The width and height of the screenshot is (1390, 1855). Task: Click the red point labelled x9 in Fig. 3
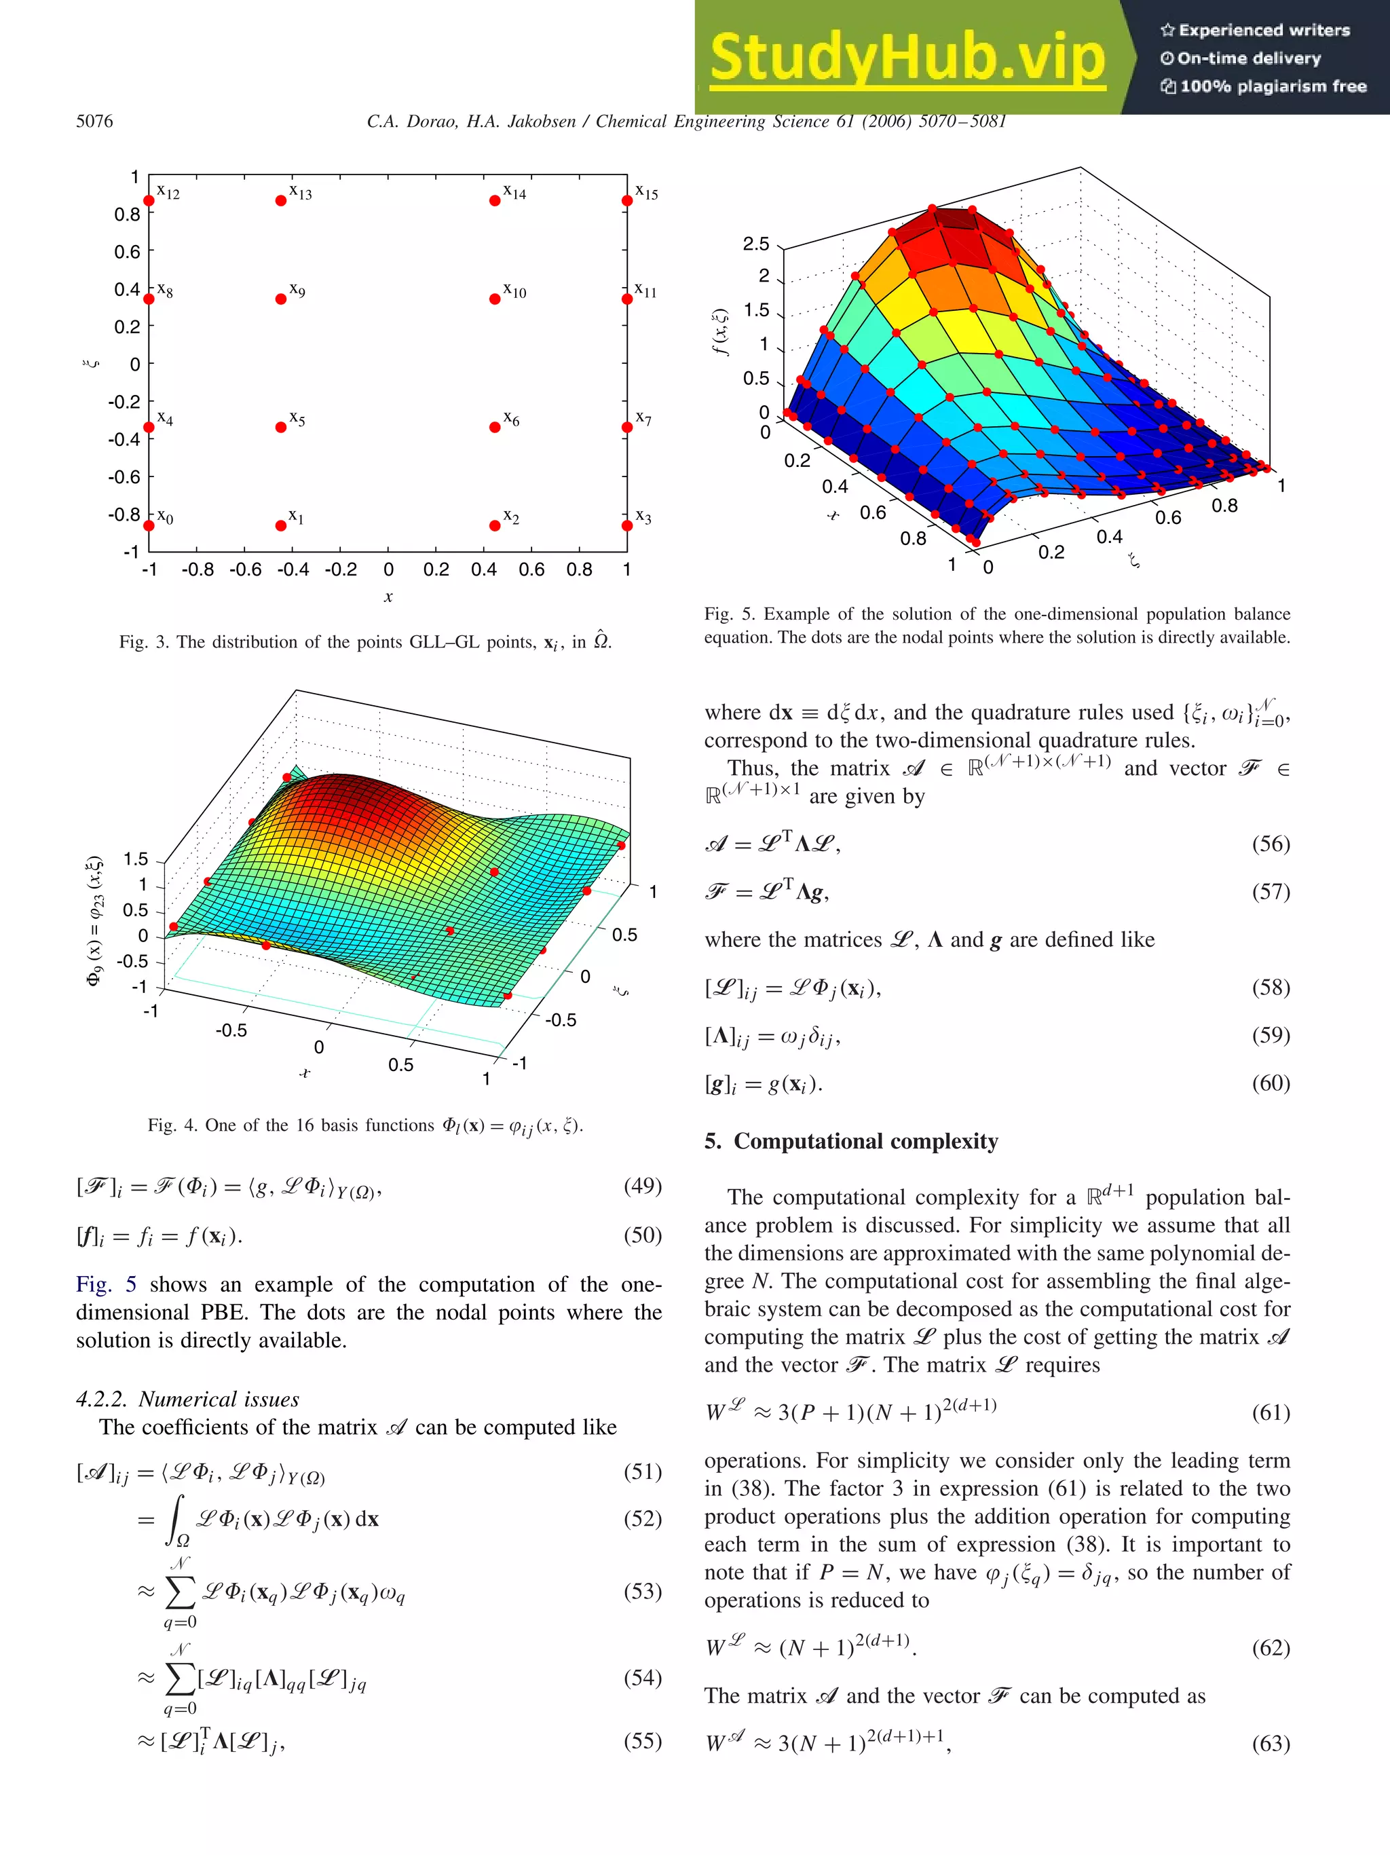[281, 299]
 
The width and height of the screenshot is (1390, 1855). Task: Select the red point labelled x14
[495, 200]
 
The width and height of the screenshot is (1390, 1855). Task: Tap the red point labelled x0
[149, 526]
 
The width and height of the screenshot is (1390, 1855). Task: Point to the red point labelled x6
[495, 427]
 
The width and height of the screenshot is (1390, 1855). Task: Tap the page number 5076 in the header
[95, 121]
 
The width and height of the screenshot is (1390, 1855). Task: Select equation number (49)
[642, 1186]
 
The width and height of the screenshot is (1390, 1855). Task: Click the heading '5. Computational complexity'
[851, 1142]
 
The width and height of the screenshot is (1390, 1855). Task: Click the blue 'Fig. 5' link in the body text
[106, 1285]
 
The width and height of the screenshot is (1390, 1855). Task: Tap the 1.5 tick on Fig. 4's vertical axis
[135, 859]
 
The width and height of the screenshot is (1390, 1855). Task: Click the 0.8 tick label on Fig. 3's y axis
[128, 214]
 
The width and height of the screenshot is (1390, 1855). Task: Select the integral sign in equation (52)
[176, 1520]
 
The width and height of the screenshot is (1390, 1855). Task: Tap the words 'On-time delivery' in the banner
[1248, 58]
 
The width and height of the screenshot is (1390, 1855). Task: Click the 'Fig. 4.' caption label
[171, 1125]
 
